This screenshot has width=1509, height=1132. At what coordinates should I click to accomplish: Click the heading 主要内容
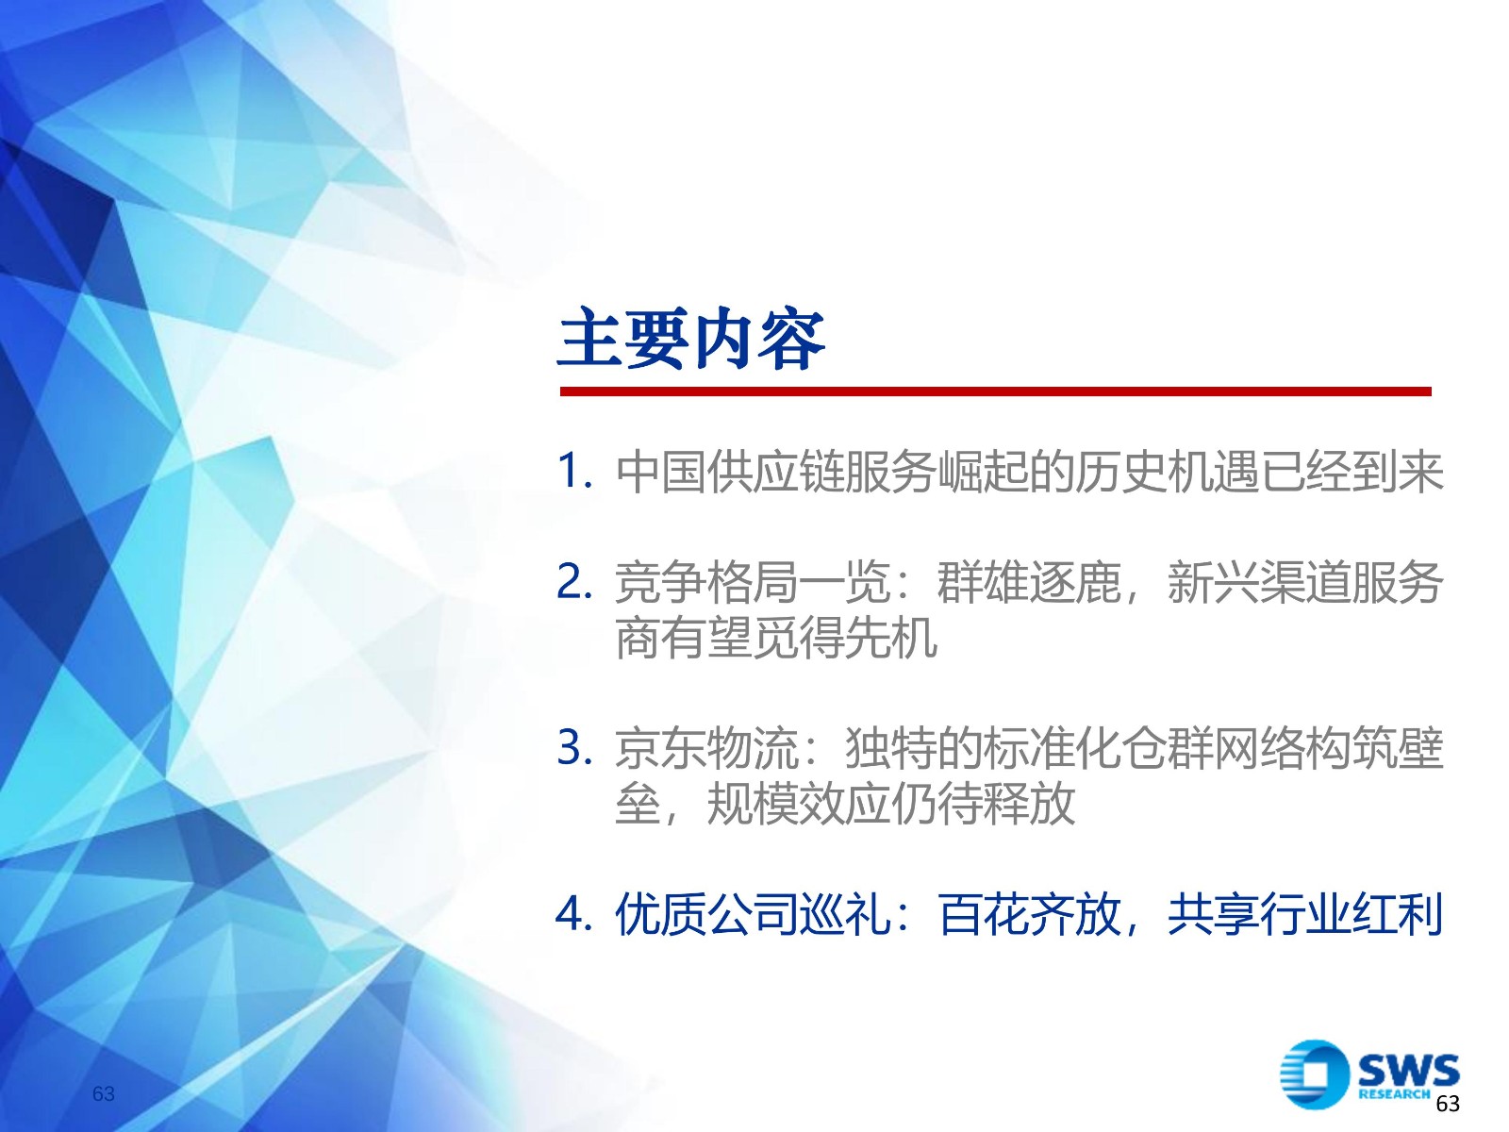pos(691,339)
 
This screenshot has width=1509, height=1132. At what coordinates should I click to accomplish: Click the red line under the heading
pos(995,391)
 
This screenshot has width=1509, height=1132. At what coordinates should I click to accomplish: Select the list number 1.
pos(574,472)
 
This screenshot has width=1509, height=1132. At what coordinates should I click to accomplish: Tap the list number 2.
pos(574,581)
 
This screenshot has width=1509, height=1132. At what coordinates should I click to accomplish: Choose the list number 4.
pos(574,913)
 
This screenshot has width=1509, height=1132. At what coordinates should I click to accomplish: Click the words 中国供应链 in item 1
pos(730,473)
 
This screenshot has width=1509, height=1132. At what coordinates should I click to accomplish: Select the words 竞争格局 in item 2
pos(706,582)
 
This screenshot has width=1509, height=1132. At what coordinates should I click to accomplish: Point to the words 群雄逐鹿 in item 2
pos(1029,582)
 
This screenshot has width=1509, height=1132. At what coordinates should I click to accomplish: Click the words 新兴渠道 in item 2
pos(1259,582)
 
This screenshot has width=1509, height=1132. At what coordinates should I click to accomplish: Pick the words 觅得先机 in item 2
pos(845,637)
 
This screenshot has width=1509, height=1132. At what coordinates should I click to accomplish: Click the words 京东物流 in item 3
pos(706,747)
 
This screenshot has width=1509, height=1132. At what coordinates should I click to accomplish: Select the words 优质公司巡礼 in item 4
pos(753,913)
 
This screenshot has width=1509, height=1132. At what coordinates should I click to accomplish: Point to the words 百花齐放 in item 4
pos(1029,913)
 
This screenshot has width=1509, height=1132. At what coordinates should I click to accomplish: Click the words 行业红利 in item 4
pos(1351,913)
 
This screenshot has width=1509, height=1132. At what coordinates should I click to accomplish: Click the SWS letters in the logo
pos(1409,1070)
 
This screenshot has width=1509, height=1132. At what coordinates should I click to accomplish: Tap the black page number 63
pos(1448,1104)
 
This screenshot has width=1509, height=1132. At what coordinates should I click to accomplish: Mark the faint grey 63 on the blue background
pos(104,1093)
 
